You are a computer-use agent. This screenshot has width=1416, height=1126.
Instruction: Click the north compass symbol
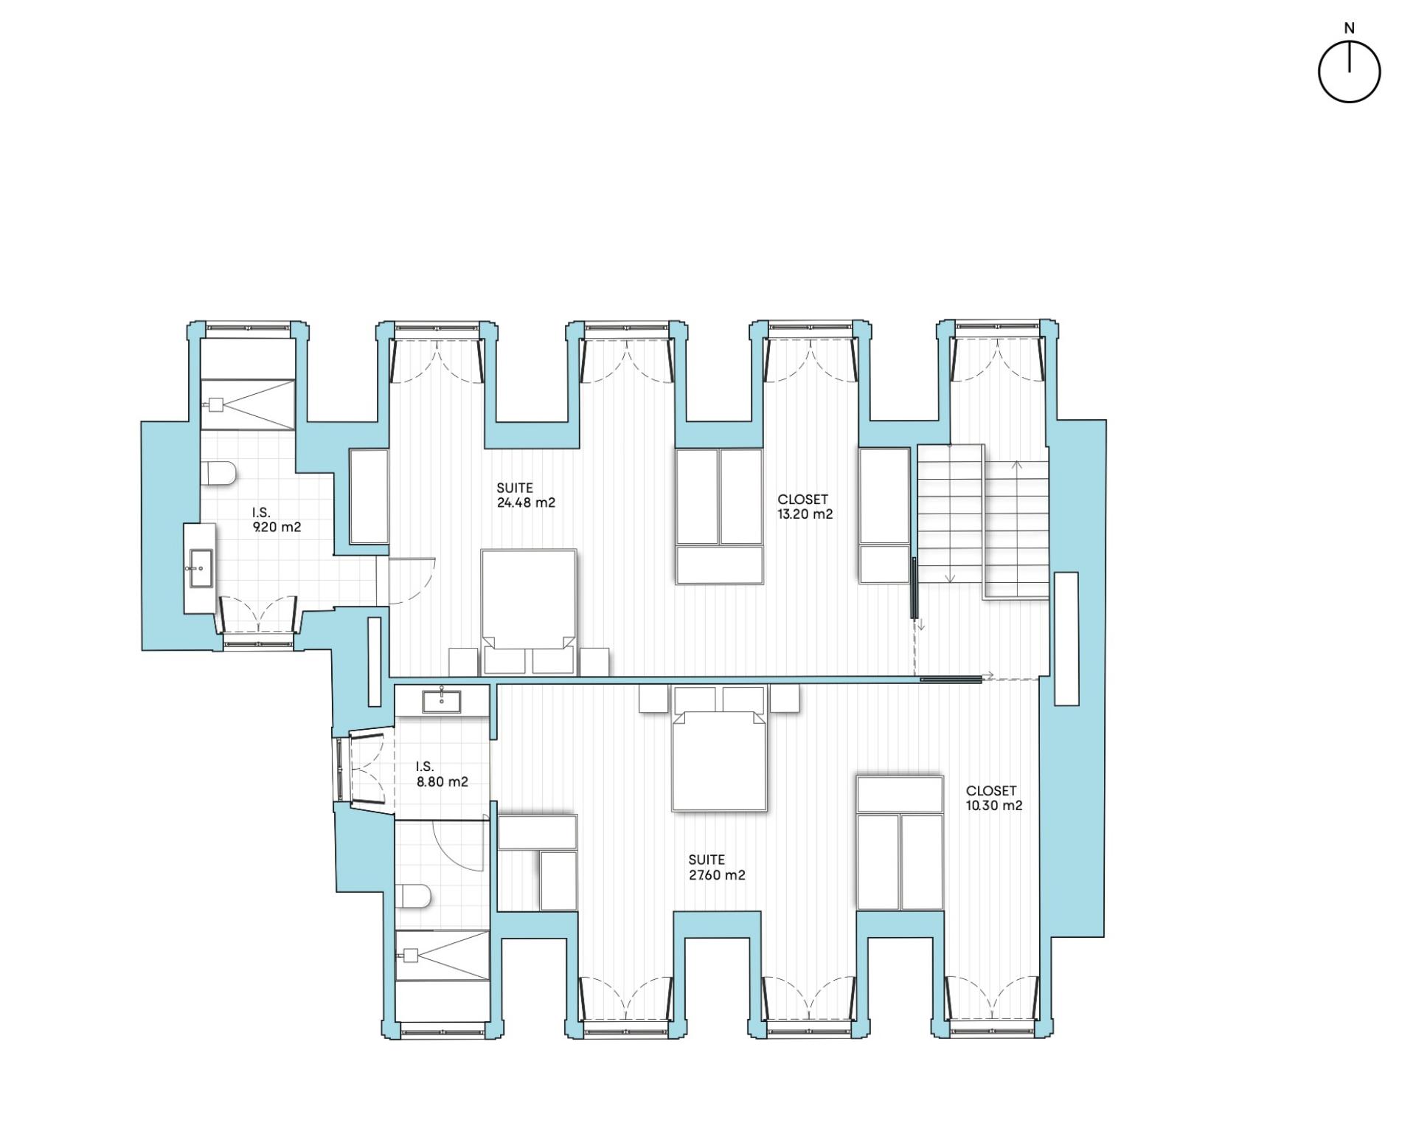[1349, 72]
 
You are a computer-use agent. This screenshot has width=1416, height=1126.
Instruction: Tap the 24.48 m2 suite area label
[525, 495]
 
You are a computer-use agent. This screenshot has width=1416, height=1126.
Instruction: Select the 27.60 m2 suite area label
[716, 868]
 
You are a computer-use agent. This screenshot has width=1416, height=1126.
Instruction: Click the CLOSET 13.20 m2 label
[805, 507]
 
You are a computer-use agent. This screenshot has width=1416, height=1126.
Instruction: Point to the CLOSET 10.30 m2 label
[994, 798]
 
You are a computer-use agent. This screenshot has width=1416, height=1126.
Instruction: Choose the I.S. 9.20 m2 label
[277, 520]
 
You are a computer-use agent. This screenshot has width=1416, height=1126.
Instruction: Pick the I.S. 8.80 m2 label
[442, 775]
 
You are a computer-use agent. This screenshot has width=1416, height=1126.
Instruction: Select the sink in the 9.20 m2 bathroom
[201, 567]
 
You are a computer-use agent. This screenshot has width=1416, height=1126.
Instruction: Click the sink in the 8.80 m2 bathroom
[441, 702]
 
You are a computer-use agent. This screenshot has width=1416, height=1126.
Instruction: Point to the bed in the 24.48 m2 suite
[528, 612]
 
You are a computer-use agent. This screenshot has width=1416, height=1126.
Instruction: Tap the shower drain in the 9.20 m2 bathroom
[216, 404]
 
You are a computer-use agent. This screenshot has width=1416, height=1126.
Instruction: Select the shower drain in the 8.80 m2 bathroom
[409, 955]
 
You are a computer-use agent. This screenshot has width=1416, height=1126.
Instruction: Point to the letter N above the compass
[1350, 29]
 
